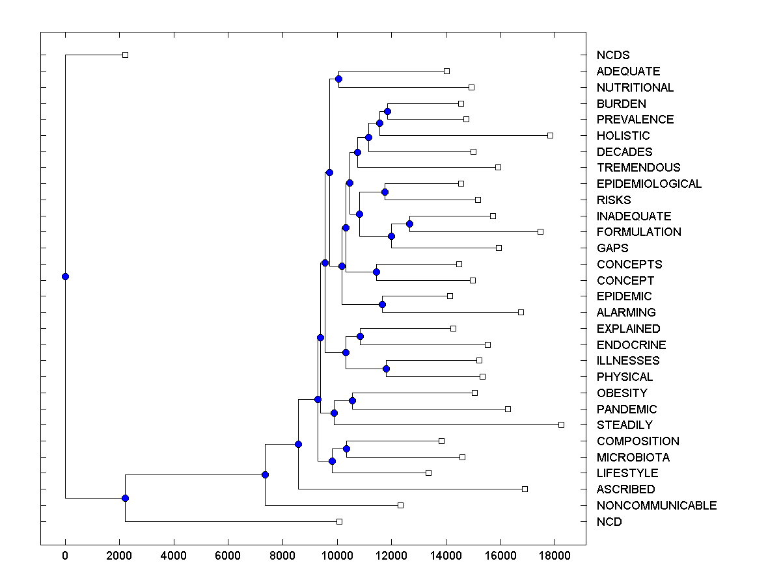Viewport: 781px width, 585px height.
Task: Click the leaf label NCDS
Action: [x=612, y=55]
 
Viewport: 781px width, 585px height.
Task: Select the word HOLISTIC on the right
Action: [x=623, y=136]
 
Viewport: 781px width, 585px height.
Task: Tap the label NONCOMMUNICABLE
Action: [x=656, y=506]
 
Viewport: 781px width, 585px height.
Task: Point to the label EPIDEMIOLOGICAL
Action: [x=649, y=184]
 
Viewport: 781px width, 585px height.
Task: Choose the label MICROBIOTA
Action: [x=633, y=458]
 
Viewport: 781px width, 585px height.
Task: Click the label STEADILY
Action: [x=624, y=425]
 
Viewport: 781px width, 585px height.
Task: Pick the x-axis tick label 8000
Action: [x=282, y=556]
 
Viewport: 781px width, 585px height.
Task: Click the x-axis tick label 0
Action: [x=65, y=556]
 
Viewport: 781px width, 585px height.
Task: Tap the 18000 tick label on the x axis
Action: [x=554, y=556]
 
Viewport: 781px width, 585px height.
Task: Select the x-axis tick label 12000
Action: [x=391, y=556]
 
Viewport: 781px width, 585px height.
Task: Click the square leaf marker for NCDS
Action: [x=126, y=55]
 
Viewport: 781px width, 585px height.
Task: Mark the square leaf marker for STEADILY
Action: [x=561, y=425]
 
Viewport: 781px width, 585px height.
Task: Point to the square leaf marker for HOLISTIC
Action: [x=550, y=135]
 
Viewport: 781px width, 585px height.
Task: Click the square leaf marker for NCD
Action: [x=339, y=522]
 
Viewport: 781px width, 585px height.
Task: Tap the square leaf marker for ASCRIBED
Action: [x=525, y=489]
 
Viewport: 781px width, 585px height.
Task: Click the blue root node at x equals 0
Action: [x=65, y=277]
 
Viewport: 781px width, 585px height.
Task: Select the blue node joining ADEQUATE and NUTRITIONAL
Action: [x=338, y=79]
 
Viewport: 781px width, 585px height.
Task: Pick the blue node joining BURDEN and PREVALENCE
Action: [x=387, y=112]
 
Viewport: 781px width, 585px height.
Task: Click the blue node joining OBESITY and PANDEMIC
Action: [x=352, y=401]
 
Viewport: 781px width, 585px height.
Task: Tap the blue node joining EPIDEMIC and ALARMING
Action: [x=382, y=304]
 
